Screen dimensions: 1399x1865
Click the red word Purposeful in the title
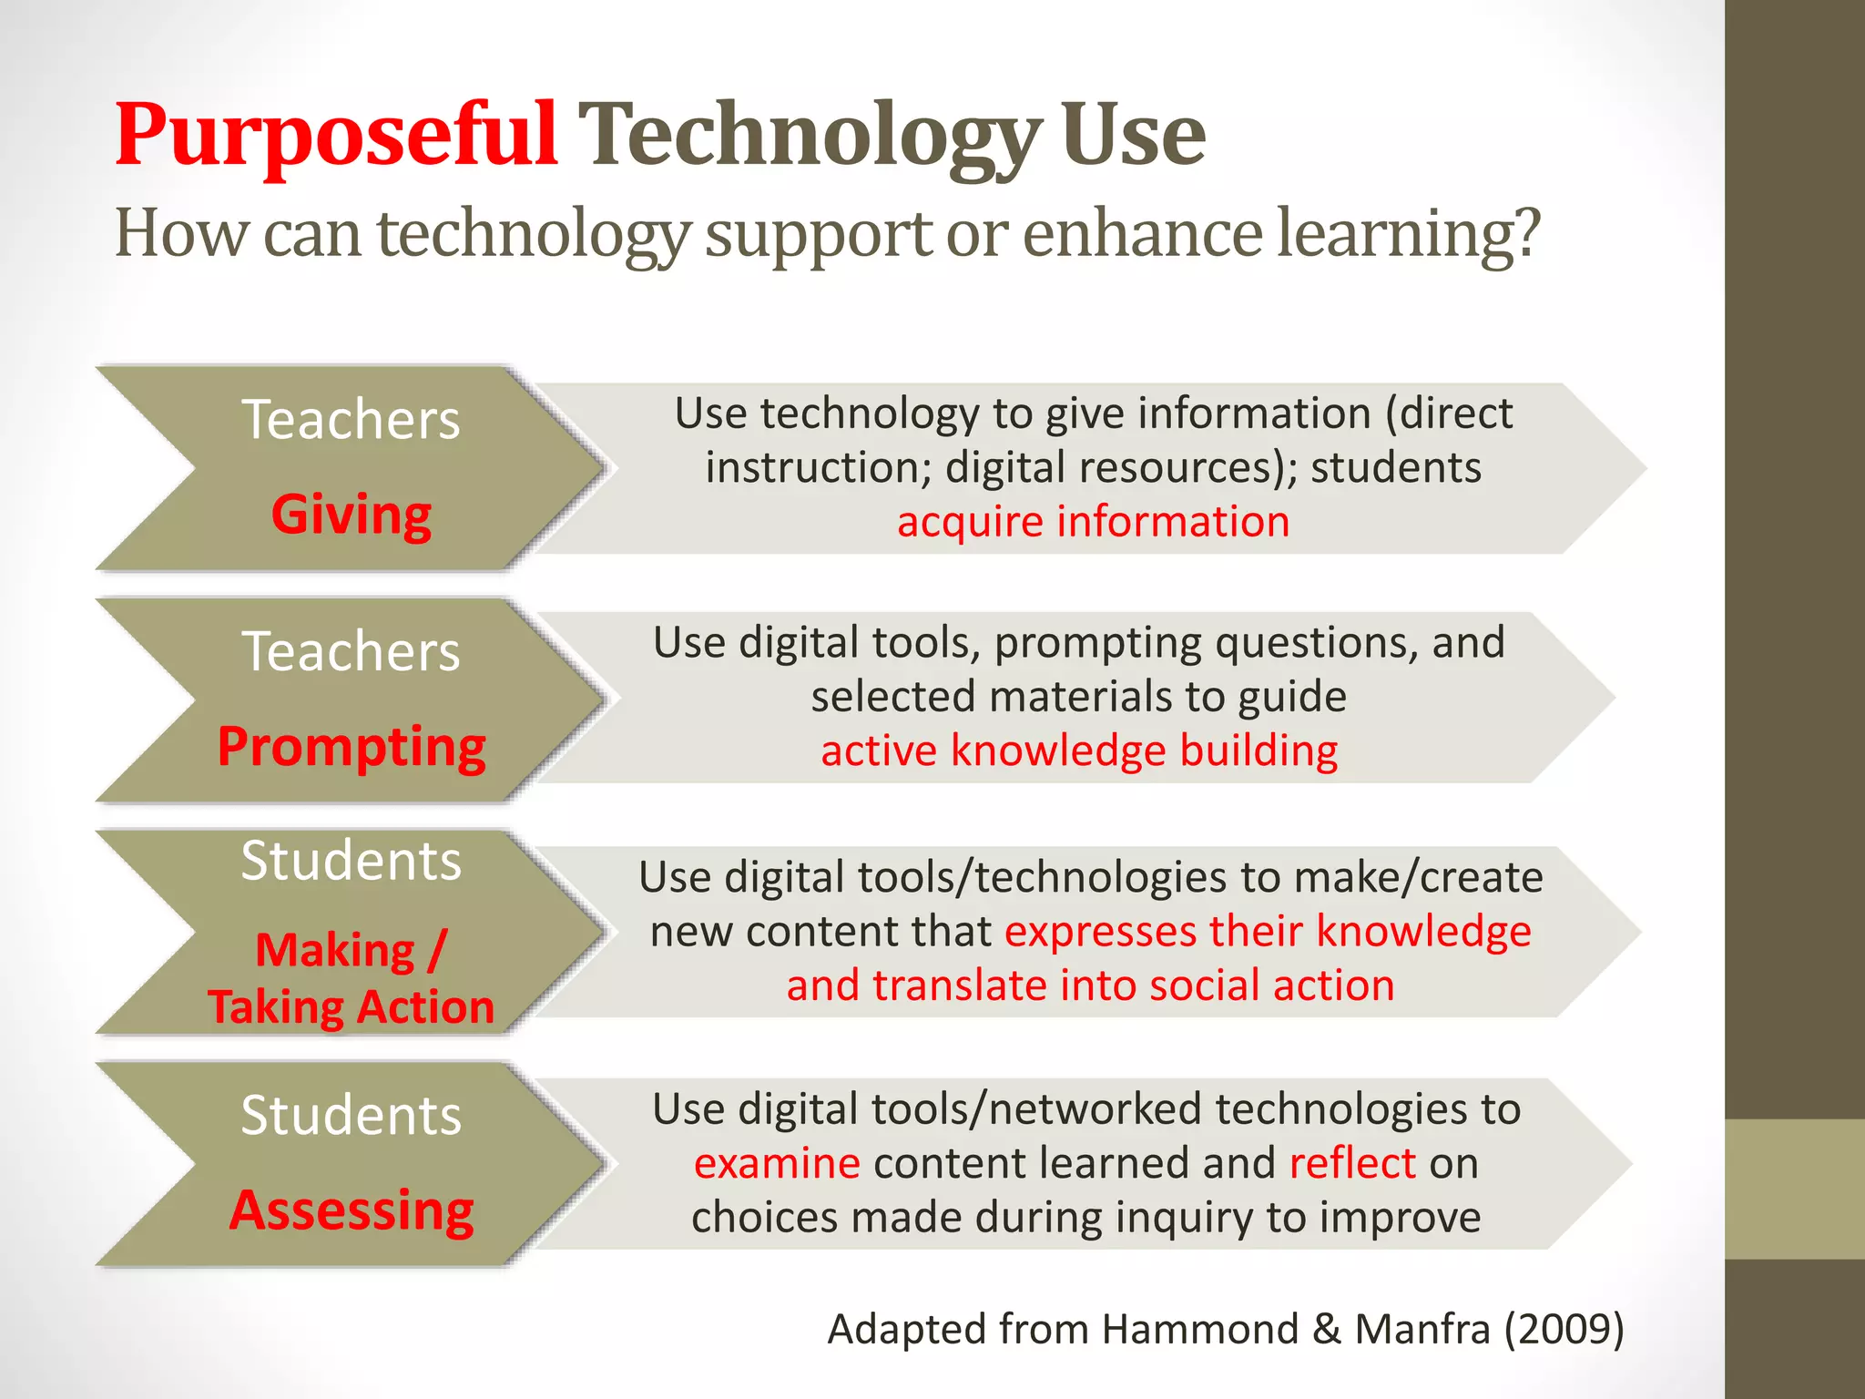[336, 135]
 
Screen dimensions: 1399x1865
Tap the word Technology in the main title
[809, 137]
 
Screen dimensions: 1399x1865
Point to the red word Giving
[352, 515]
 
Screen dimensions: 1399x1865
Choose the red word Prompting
[352, 747]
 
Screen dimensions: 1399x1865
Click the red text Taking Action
[352, 1007]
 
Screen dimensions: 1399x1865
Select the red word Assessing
[352, 1210]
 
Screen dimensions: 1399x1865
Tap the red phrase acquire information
[1093, 522]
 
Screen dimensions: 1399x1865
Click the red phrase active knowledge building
[1079, 751]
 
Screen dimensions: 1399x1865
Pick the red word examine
[777, 1164]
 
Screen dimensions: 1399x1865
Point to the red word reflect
[1352, 1164]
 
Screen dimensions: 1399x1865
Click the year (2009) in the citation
[1564, 1329]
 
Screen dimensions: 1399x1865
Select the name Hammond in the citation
[1199, 1329]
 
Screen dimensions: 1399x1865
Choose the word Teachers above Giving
[352, 420]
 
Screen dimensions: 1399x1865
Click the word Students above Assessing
[352, 1115]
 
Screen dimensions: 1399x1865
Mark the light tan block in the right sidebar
[1795, 1189]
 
